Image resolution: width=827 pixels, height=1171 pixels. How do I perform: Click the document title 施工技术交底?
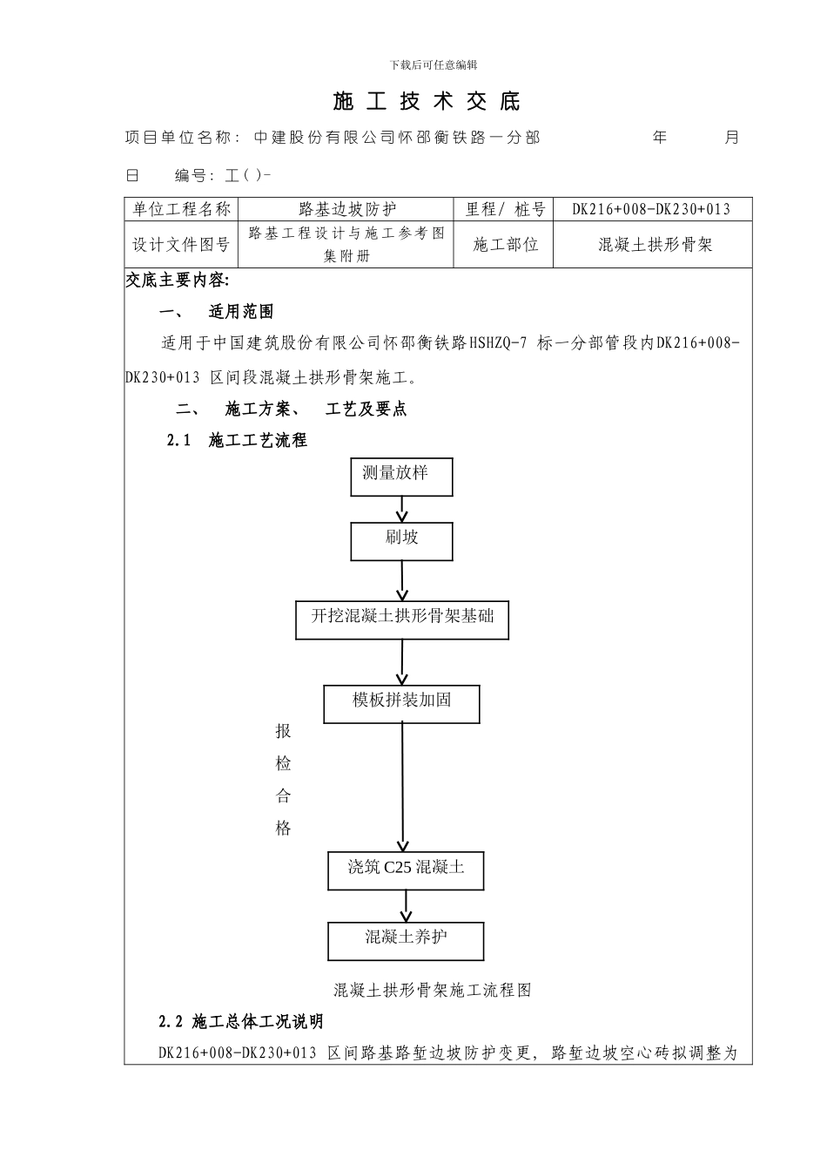tap(427, 102)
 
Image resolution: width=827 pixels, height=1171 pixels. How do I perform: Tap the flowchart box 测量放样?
tap(401, 477)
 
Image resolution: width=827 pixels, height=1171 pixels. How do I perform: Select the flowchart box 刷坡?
tap(401, 541)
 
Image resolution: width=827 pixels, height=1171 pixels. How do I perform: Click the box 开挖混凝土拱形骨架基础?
tap(402, 619)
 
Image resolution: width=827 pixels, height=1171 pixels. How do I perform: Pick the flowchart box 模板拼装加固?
tap(401, 704)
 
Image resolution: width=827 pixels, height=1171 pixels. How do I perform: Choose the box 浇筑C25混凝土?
tap(406, 870)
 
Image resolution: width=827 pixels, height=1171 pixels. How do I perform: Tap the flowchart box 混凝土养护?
tap(406, 941)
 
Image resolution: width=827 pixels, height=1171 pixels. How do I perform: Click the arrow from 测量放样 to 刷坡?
tap(402, 509)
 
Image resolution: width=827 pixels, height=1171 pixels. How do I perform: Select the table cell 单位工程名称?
tap(181, 209)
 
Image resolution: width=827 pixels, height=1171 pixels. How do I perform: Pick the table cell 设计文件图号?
tap(181, 245)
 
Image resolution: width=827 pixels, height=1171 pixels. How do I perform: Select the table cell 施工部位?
tap(505, 245)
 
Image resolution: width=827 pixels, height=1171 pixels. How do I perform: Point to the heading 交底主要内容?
tap(178, 280)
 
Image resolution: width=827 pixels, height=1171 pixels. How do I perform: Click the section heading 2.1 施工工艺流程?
tap(237, 441)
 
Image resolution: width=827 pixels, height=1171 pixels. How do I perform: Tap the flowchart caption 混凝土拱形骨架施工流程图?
tap(433, 990)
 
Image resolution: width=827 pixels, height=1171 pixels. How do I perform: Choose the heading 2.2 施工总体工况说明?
tap(241, 1022)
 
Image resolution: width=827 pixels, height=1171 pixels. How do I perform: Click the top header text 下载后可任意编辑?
tap(433, 64)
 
